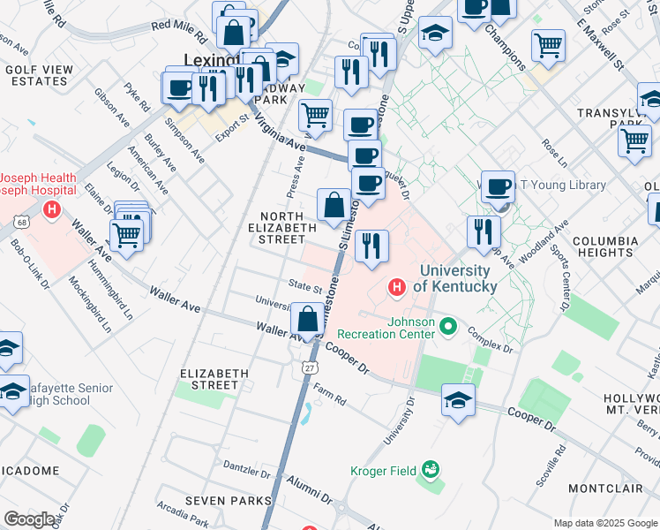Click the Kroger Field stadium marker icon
click(431, 469)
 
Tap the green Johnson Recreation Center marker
click(449, 328)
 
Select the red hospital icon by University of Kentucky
click(397, 287)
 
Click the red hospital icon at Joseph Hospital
click(52, 210)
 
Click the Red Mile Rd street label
click(178, 26)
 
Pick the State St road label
click(305, 285)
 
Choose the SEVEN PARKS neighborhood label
click(229, 501)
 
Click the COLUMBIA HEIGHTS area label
click(605, 246)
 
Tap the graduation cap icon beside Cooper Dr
click(458, 401)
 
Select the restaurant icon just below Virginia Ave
click(371, 246)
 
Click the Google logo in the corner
click(29, 519)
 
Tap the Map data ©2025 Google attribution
click(604, 523)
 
